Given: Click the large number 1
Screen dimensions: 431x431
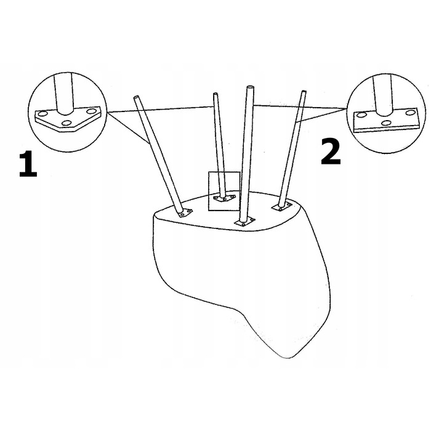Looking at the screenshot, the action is coord(28,164).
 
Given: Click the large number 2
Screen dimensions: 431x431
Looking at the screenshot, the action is coord(331,152).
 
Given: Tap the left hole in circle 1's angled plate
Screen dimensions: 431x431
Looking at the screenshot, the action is coord(43,113).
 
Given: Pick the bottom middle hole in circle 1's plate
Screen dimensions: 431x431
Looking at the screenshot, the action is coord(66,123).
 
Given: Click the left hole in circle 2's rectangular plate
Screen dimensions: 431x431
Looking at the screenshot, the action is coord(362,115).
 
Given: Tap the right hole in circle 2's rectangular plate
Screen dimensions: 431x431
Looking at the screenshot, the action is coord(410,113).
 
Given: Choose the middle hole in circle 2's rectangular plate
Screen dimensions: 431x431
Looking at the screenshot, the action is coord(387,123).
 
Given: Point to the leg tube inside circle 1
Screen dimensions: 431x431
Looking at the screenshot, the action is coord(64,94).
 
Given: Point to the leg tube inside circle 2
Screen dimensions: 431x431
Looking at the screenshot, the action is coord(382,95).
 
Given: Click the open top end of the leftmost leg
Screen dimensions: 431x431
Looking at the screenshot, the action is coord(137,97).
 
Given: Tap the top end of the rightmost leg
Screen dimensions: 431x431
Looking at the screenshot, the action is coord(304,92).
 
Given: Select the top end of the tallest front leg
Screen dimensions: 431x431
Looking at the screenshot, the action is coord(250,87).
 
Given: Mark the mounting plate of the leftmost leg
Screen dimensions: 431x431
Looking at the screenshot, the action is coord(185,213).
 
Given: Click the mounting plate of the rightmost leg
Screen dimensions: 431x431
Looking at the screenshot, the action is coord(282,206).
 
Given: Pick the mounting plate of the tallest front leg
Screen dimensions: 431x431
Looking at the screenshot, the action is coord(244,222).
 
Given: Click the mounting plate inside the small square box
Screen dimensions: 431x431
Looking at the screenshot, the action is coord(224,198).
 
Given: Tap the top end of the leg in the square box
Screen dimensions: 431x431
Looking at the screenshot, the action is coord(216,94).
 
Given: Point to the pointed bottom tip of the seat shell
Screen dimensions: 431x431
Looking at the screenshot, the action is coord(288,358).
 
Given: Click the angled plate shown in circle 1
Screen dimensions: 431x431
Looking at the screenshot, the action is coord(67,119).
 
